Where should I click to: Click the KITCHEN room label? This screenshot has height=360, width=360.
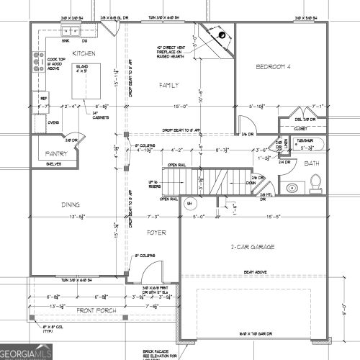point(85,54)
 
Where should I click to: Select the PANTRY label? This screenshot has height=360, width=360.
point(55,153)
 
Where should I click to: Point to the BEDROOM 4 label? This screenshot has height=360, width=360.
point(275,68)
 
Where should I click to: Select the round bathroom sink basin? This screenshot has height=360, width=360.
point(292,189)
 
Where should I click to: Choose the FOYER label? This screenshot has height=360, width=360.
point(157,233)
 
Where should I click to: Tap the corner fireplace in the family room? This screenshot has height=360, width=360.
point(217,37)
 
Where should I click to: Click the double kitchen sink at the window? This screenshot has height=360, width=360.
point(71,31)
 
